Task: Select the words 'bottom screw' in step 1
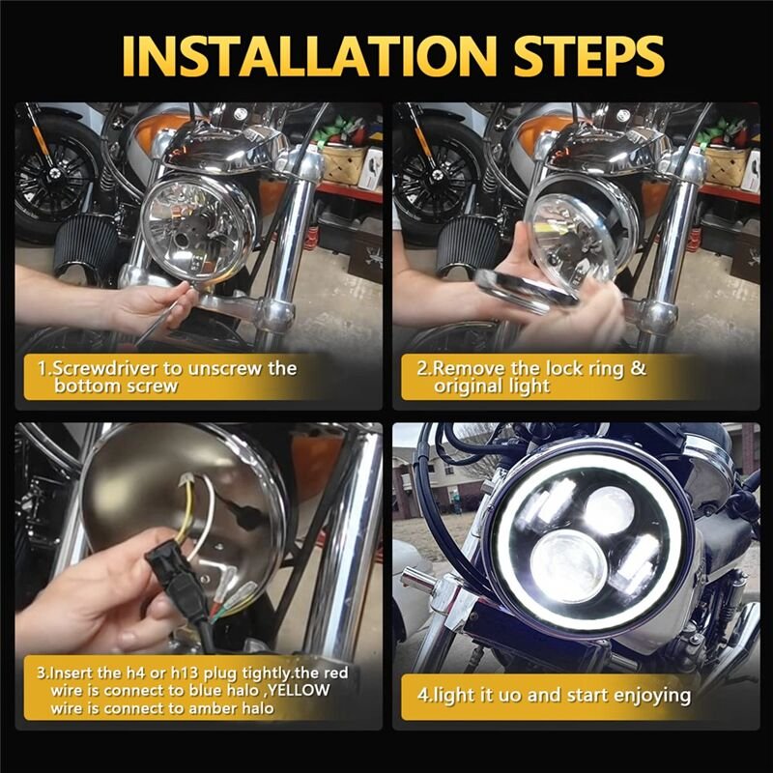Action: [x=116, y=386]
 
